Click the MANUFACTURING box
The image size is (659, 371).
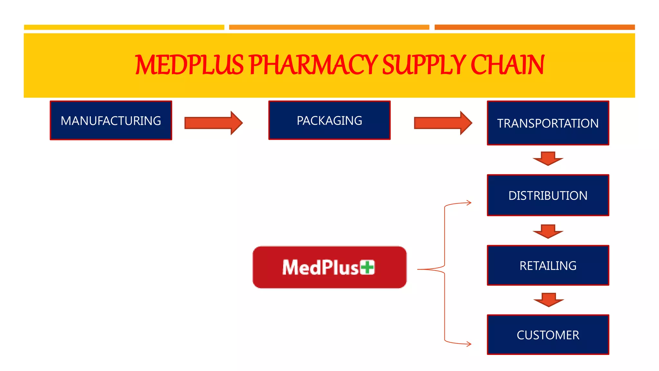111,120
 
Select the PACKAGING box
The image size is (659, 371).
329,120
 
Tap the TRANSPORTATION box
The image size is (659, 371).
548,123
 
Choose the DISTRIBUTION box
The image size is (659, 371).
548,195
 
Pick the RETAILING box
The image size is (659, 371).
548,265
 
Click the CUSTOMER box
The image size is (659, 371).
548,335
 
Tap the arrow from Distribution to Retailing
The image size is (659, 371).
548,231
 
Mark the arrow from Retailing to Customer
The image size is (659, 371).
548,300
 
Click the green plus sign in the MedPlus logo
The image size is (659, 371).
367,267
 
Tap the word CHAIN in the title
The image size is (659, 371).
507,65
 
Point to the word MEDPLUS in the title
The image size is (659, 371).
189,65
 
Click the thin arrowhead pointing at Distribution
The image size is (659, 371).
469,203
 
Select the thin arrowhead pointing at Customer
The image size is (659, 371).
469,344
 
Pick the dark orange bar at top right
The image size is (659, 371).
534,27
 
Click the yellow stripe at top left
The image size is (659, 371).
124,27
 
